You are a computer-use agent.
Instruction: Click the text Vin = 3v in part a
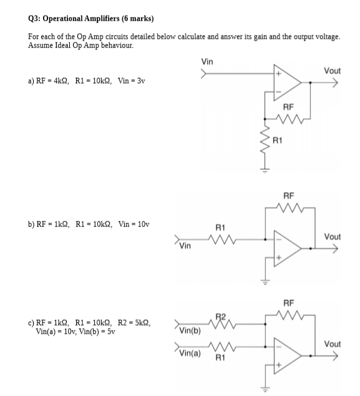tap(129, 82)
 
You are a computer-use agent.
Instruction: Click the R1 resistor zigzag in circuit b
tap(223, 237)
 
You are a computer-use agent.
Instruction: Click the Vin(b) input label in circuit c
tap(190, 330)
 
